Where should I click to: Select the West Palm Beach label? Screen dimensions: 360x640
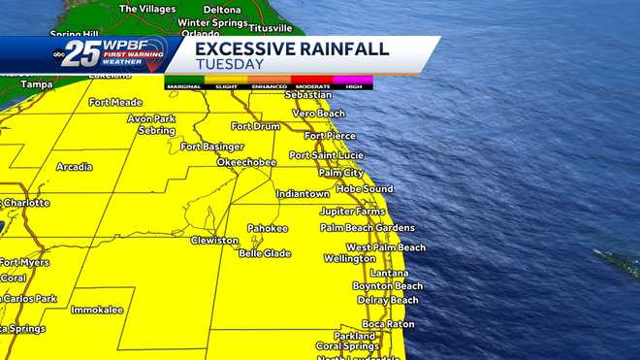(386, 247)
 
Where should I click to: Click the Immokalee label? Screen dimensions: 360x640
(97, 310)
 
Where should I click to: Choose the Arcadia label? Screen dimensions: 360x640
(75, 167)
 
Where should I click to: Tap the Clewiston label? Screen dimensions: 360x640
(214, 240)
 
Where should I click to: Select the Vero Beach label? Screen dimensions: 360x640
(318, 114)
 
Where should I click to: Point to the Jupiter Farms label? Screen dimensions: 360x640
(352, 211)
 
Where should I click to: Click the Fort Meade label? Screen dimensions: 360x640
(114, 102)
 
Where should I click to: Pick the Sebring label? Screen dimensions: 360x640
(156, 130)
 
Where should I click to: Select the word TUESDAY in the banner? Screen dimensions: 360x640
(230, 65)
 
